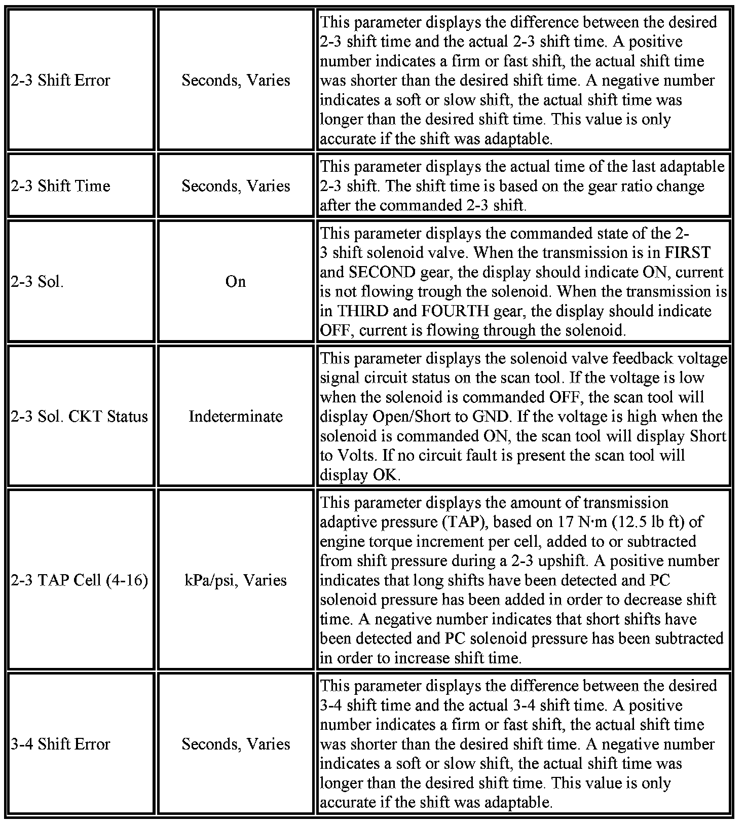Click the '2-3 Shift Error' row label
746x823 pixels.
click(x=60, y=80)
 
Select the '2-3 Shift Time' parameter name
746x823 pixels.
click(x=60, y=186)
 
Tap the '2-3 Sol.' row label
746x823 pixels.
click(x=37, y=282)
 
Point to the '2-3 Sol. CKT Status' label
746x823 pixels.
click(x=80, y=417)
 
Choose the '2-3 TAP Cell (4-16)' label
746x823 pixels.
click(x=80, y=580)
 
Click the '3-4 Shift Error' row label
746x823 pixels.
click(x=60, y=744)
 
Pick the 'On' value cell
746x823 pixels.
click(x=236, y=282)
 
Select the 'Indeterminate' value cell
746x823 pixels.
click(x=236, y=417)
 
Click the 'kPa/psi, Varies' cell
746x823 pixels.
click(x=236, y=580)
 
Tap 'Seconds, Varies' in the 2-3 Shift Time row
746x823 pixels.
click(x=236, y=186)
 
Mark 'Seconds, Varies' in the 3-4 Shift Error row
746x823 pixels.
click(x=236, y=744)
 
